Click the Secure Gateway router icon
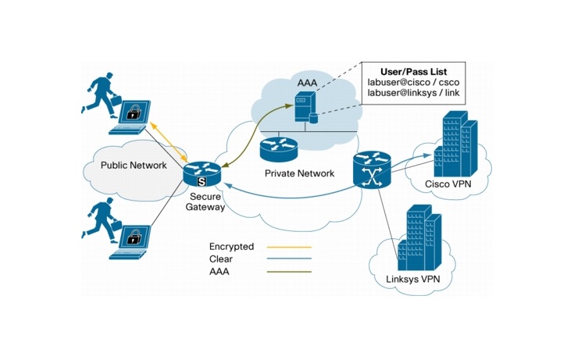tap(202, 174)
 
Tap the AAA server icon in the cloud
tap(305, 108)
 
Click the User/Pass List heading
tap(415, 70)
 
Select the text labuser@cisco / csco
tap(414, 83)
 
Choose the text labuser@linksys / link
tap(414, 95)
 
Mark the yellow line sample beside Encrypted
tap(288, 247)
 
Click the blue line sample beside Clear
tap(288, 259)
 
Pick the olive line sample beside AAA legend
tap(288, 272)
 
